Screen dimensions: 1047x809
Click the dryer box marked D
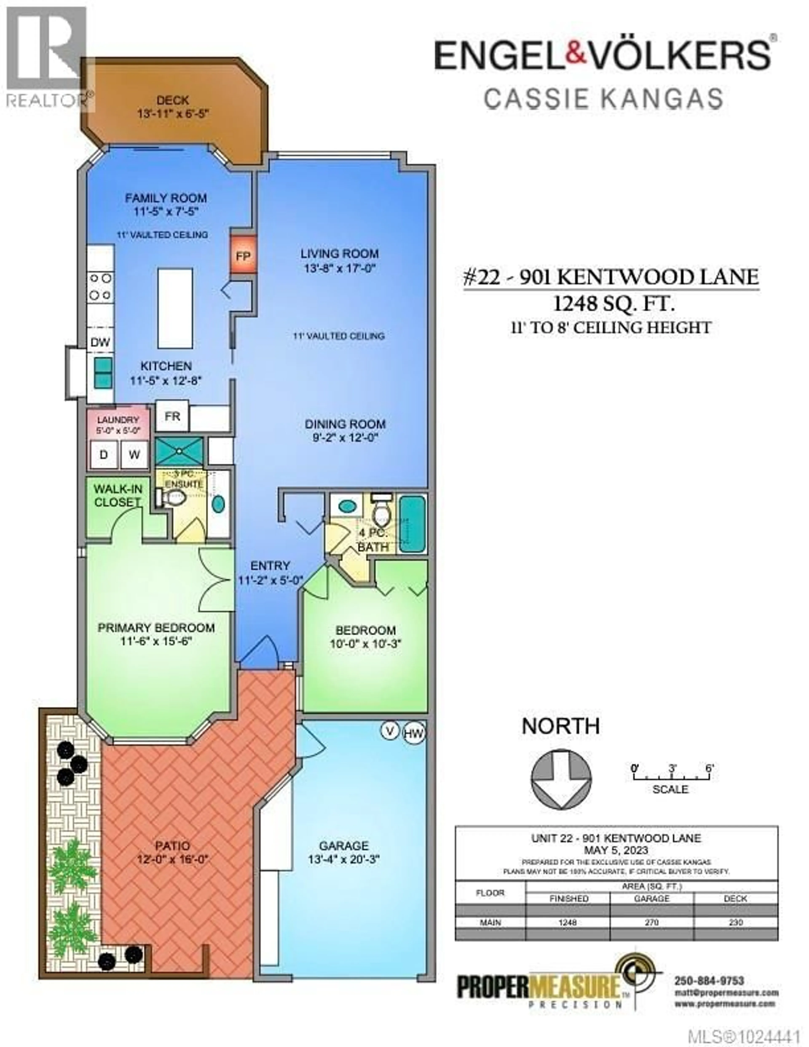click(x=103, y=454)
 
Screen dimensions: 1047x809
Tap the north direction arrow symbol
click(x=561, y=779)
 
